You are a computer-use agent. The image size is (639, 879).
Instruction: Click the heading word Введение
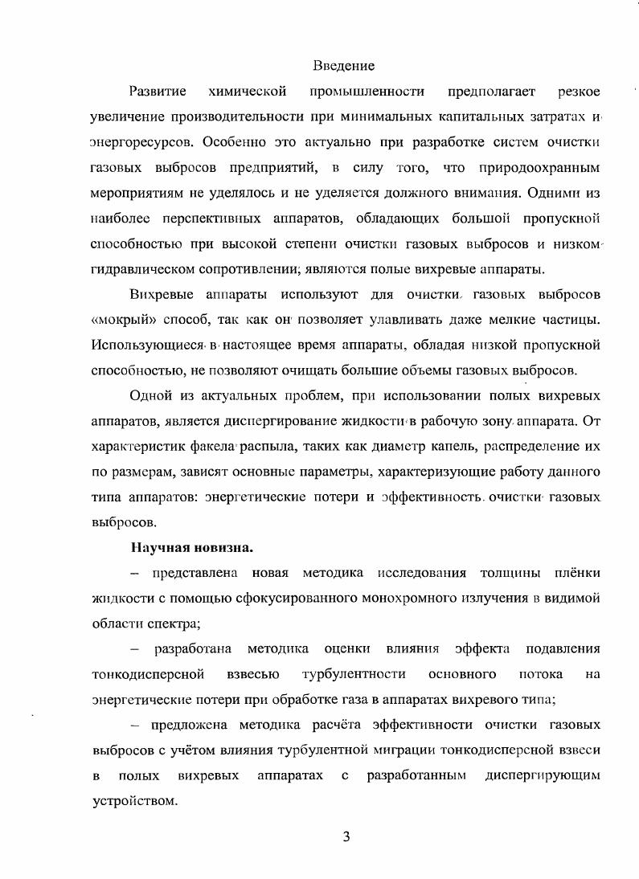344,65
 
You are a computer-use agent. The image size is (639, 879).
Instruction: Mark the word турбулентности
353,673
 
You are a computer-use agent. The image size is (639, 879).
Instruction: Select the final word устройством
133,801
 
